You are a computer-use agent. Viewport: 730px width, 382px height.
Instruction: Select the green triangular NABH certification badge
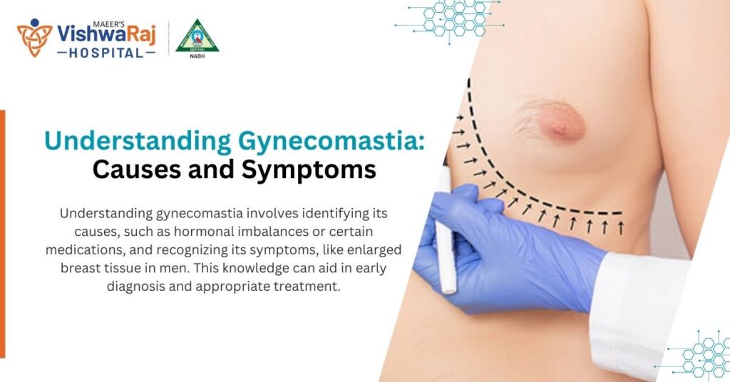(x=197, y=36)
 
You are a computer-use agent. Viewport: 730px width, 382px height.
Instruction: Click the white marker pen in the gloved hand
(x=446, y=235)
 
